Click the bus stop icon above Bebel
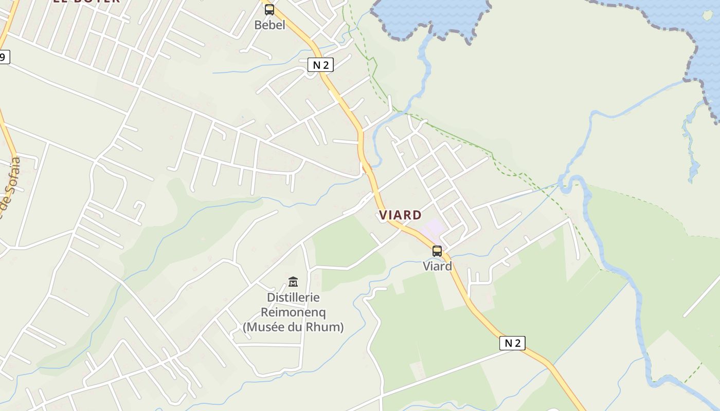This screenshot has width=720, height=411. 269,9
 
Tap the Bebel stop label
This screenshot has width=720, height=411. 269,25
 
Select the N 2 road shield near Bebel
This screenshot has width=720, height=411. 320,65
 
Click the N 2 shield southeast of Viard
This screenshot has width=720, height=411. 512,343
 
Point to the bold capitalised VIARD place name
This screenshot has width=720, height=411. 401,215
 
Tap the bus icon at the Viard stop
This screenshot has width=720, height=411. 437,251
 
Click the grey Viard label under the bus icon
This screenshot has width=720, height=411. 437,266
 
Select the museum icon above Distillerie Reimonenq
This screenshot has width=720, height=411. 293,282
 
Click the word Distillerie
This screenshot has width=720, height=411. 293,297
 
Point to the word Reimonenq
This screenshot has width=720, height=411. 293,312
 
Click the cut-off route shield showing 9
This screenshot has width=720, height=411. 4,57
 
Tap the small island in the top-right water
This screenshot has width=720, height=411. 708,15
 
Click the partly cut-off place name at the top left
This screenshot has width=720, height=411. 86,2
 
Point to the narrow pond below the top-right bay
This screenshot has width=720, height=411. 692,149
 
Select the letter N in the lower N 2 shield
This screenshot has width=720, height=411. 508,343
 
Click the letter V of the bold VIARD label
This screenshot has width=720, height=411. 383,215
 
